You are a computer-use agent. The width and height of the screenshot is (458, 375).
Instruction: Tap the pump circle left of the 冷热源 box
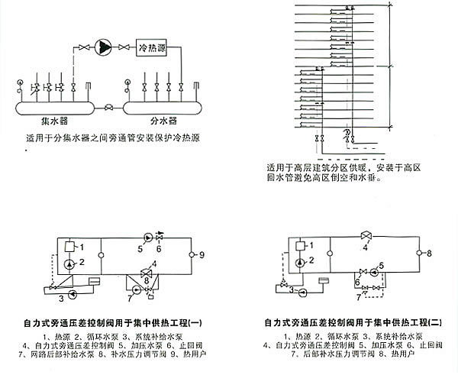102,49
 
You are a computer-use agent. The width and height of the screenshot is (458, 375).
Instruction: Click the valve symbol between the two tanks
109,106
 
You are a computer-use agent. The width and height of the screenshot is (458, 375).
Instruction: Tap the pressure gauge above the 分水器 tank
124,81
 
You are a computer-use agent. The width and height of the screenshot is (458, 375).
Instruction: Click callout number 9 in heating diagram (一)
201,254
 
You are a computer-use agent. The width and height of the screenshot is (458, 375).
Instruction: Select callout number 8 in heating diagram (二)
429,253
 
